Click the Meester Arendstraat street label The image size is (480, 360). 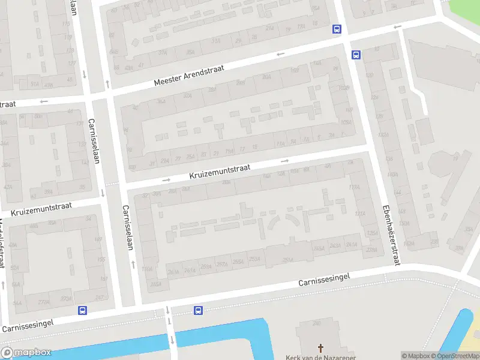pos(188,76)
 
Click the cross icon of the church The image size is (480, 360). pos(320,347)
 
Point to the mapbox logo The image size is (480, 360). pos(27,353)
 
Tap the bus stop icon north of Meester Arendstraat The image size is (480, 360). pos(337,29)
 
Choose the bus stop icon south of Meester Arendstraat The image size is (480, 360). pos(356,55)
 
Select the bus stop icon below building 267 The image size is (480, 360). pos(82,310)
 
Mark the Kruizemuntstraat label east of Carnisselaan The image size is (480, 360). pos(219,172)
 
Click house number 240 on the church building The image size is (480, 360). pos(316,325)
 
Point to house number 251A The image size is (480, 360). pos(288,260)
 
